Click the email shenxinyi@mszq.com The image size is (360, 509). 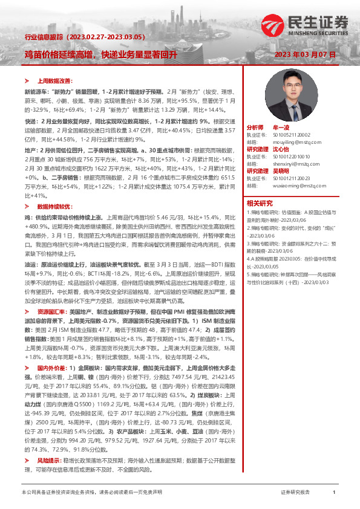285,163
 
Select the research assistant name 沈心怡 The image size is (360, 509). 281,149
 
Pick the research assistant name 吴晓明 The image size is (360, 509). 281,171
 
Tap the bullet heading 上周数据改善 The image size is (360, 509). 55,80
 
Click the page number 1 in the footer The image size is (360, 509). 334,493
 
